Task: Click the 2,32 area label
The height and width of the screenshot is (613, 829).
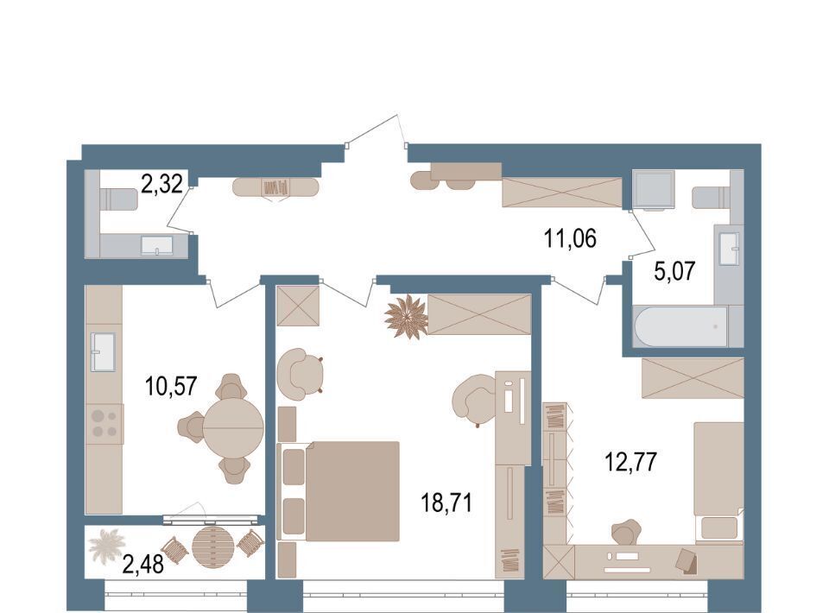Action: [x=161, y=185]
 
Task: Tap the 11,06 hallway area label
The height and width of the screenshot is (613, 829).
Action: [x=570, y=239]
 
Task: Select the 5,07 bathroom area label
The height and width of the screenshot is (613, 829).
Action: [x=674, y=272]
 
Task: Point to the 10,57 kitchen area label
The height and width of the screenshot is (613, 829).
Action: [x=171, y=386]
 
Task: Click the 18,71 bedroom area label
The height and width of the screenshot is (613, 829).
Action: [x=446, y=502]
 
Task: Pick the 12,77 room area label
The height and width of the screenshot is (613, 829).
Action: [x=630, y=462]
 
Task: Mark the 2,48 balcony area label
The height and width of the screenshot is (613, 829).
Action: [x=142, y=565]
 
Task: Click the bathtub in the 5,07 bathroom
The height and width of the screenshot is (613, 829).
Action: [x=682, y=326]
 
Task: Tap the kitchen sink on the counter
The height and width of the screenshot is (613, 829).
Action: [x=104, y=352]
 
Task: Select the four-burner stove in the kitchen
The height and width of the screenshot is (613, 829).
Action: [x=104, y=424]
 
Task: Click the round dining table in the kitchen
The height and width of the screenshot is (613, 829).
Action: [x=233, y=426]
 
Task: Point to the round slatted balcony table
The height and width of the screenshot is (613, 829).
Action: [x=212, y=547]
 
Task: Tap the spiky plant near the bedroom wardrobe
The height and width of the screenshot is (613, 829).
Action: [x=406, y=317]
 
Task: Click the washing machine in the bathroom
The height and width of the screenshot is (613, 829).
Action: [x=654, y=190]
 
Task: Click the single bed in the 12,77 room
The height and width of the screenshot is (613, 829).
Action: [x=719, y=482]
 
